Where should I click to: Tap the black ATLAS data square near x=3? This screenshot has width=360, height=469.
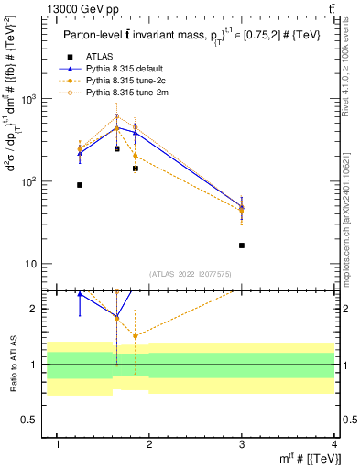pos(242,245)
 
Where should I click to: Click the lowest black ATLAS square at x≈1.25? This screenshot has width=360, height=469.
pos(80,185)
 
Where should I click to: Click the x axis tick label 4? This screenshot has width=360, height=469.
pos(335,444)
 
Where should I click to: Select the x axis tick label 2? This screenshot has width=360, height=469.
pos(150,444)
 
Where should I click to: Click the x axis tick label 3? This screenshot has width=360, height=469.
pos(242,444)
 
